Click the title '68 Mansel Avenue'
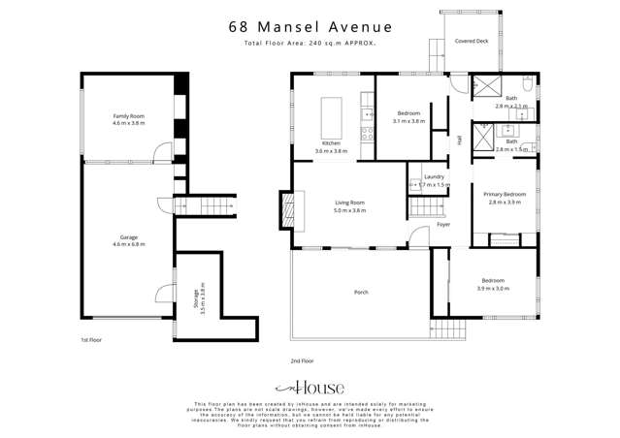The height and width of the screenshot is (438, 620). coord(310,27)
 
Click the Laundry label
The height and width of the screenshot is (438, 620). coord(433,176)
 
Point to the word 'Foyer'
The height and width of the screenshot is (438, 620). coord(443,224)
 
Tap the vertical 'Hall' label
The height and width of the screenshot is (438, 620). coord(459,141)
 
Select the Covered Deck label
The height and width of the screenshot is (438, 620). coord(471,42)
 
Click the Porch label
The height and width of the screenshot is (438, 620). coord(361,292)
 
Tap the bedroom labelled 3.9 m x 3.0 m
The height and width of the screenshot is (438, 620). coord(491,285)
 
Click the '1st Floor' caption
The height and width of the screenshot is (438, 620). coord(91,340)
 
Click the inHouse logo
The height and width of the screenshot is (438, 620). coord(310,386)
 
